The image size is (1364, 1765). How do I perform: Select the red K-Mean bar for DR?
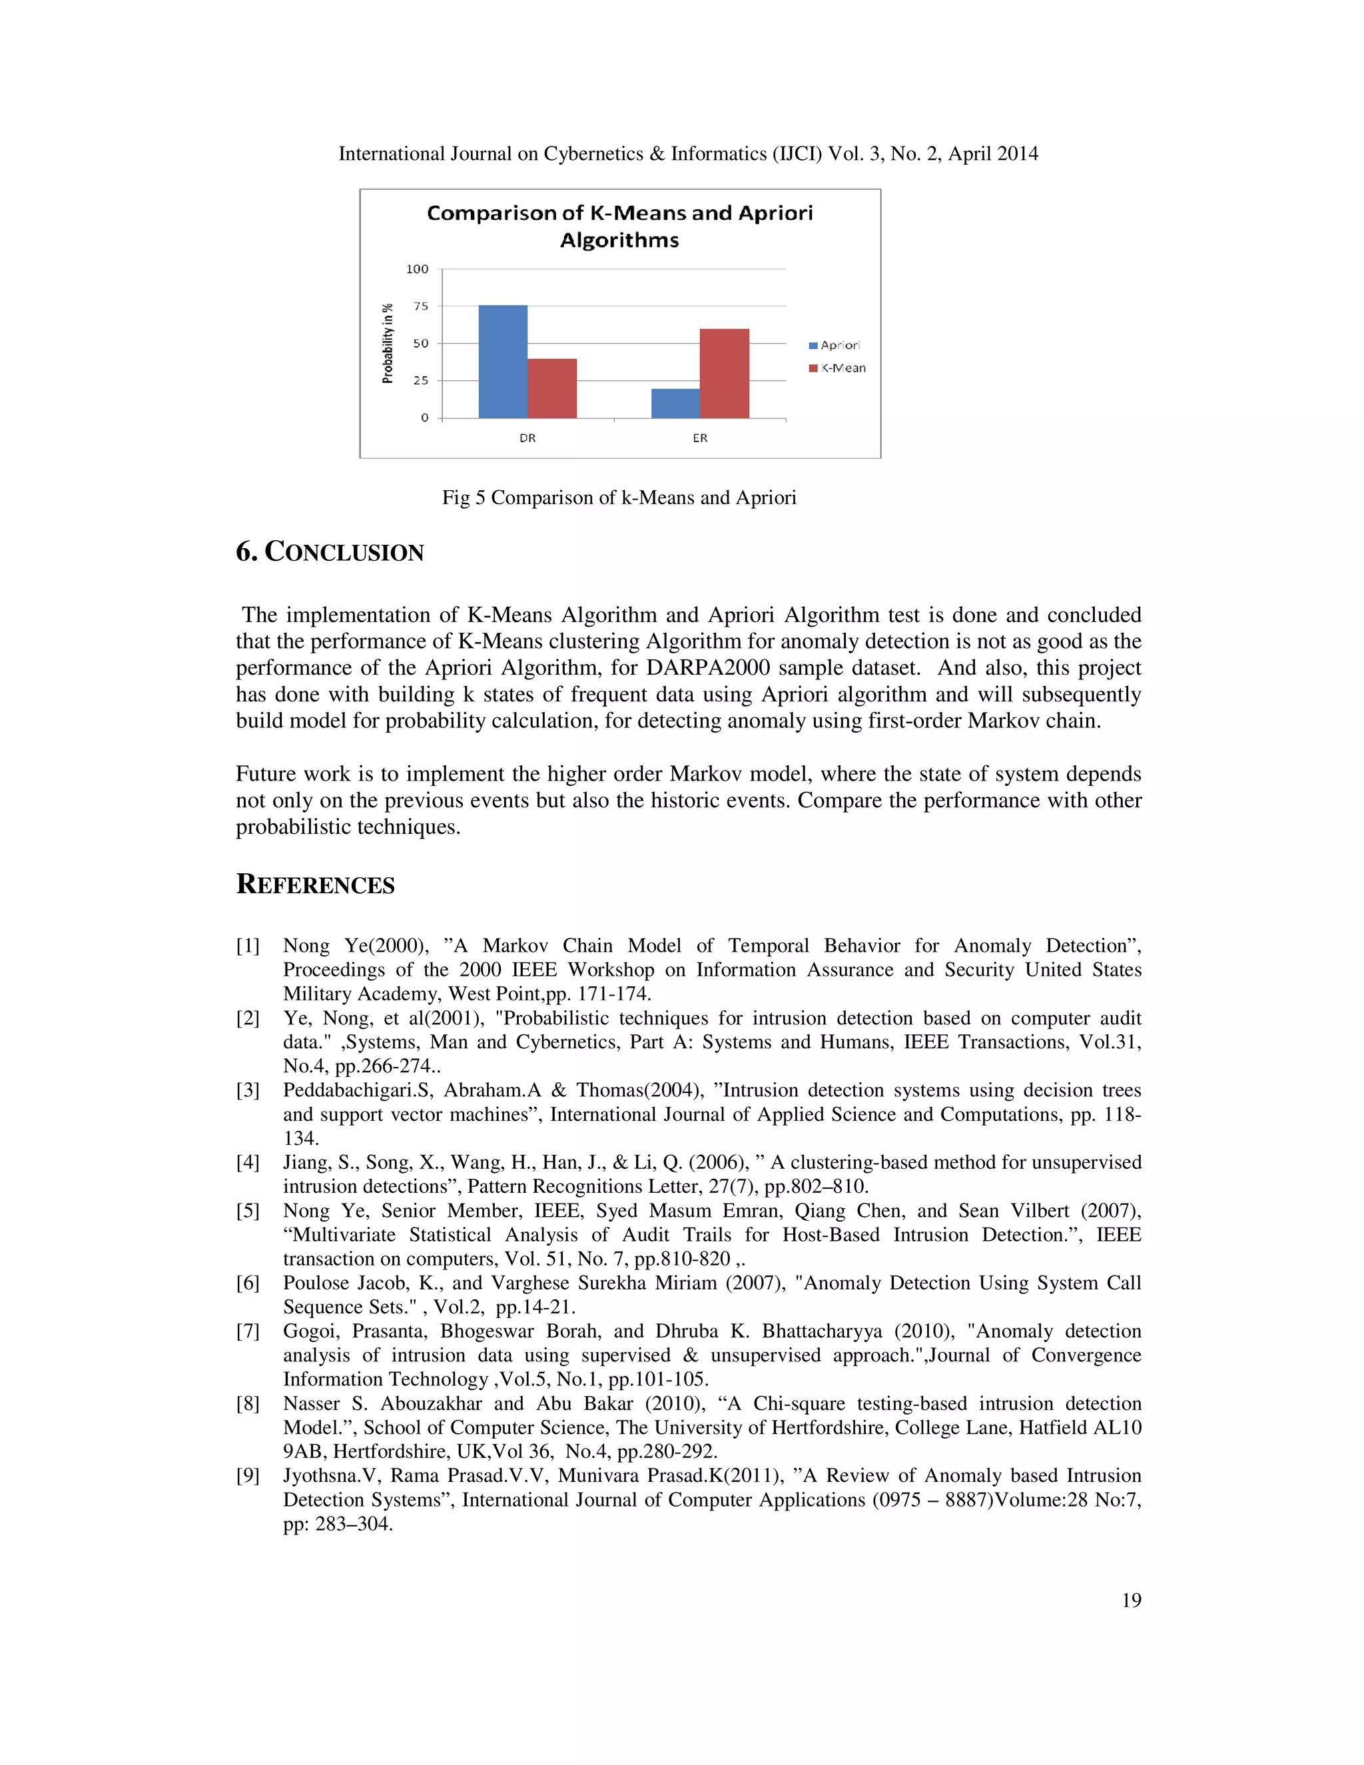coord(552,388)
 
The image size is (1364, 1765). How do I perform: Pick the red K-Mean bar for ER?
coord(724,374)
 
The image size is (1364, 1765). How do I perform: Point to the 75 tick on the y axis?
coord(421,306)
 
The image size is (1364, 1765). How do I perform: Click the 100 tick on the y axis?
coord(418,269)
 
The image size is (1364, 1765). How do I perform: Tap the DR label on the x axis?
coord(527,438)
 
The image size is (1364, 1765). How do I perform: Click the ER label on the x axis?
coord(700,438)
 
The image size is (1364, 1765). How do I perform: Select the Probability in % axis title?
coord(388,344)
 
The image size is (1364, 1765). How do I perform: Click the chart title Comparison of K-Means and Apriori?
coord(620,226)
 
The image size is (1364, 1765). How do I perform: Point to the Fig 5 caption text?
coord(619,498)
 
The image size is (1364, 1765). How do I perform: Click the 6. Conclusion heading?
coord(330,552)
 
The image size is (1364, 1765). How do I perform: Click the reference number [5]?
coord(247,1211)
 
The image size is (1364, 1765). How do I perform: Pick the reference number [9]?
coord(247,1476)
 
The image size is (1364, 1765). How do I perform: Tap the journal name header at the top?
coord(687,155)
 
